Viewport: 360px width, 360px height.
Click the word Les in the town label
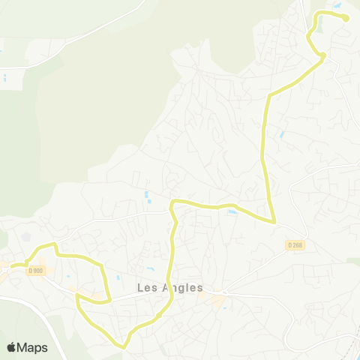tap(148, 288)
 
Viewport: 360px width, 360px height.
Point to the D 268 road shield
tap(295, 244)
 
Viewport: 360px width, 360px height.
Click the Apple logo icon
tap(12, 347)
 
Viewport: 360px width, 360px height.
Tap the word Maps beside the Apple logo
tap(33, 347)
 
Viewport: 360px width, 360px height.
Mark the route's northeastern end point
tap(346, 19)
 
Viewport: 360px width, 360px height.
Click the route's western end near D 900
tap(10, 265)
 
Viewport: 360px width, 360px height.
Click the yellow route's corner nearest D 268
tap(274, 221)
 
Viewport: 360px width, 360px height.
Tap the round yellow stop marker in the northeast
tap(322, 55)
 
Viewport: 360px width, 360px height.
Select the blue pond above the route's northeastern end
tap(338, 6)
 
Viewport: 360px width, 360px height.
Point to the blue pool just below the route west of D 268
tap(232, 212)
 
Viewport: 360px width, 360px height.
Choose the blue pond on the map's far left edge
tap(4, 77)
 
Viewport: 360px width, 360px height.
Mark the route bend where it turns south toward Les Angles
tap(173, 202)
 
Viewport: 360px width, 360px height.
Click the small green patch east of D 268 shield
tap(352, 261)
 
